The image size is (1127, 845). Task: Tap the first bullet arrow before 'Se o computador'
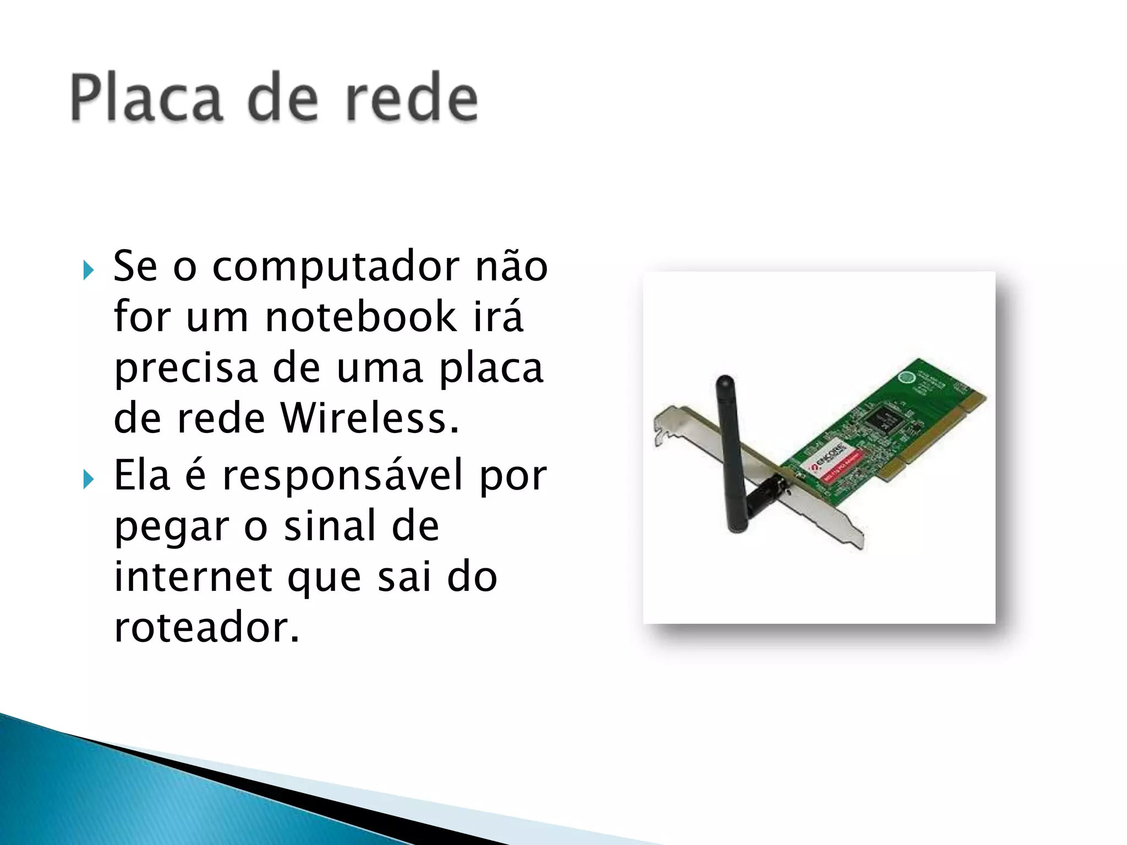point(88,270)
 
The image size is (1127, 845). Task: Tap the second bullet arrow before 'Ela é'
point(88,480)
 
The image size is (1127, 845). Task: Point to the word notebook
point(360,317)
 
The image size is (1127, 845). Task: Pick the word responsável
point(343,475)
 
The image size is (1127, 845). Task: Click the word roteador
point(206,627)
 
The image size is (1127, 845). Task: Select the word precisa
point(186,369)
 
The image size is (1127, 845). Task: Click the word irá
point(499,317)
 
